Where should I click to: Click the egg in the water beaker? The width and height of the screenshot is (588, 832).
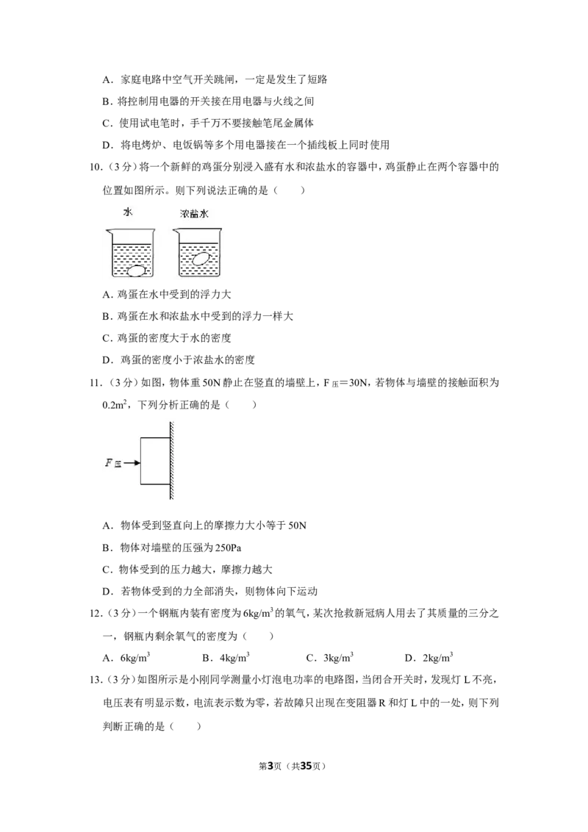point(137,270)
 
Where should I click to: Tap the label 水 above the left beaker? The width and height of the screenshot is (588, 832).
point(128,212)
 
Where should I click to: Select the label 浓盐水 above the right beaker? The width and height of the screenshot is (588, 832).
point(194,214)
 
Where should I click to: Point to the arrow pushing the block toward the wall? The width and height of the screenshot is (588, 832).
point(132,463)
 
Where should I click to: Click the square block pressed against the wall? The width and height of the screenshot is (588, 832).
point(155,461)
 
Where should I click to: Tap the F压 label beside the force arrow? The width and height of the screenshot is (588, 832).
point(113,463)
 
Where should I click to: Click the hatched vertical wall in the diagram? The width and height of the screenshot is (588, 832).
point(172,461)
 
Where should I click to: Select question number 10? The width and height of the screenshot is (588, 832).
point(96,167)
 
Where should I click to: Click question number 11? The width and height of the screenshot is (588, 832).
point(96,383)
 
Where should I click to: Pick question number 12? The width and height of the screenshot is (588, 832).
point(96,614)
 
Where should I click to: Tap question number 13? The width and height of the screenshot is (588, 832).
point(96,680)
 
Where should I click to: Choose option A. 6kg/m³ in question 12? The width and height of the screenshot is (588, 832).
point(126,657)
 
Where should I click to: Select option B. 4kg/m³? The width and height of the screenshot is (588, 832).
point(226,657)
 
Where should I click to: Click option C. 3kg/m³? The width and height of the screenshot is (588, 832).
point(329,657)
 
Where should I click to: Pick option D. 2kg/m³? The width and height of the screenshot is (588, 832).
point(429,657)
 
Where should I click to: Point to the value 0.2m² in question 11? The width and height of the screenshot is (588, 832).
point(114,405)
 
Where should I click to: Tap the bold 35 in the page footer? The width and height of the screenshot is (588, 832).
point(306,766)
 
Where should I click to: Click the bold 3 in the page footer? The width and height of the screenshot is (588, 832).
point(270,766)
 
